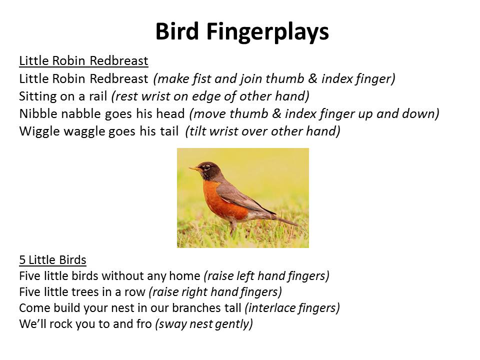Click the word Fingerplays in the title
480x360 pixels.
[x=267, y=32]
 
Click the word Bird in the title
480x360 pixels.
[x=177, y=31]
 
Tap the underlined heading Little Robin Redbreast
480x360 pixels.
[x=83, y=60]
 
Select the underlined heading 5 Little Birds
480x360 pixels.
[x=52, y=260]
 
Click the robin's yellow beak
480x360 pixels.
[x=194, y=168]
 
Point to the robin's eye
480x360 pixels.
[x=206, y=167]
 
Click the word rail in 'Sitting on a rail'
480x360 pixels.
[x=98, y=96]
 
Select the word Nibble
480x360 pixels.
[x=38, y=114]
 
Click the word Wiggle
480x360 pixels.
[x=39, y=132]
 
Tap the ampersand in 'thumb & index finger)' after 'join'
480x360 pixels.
[x=312, y=78]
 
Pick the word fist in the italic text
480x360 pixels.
[x=201, y=78]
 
